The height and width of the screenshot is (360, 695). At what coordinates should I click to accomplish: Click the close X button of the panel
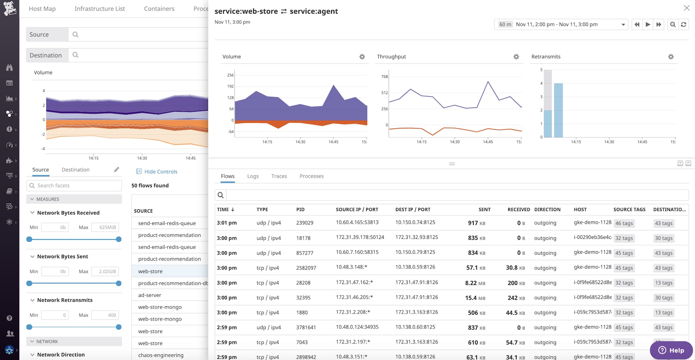(x=686, y=8)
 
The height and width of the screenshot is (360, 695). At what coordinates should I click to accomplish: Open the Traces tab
(x=279, y=176)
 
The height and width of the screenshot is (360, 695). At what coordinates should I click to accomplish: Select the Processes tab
(x=311, y=176)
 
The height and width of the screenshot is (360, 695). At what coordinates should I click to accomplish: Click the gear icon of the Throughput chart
(x=516, y=57)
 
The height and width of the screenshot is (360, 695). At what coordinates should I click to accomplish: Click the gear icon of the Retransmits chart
(x=671, y=57)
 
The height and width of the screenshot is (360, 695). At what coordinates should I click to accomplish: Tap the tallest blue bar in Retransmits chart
(x=558, y=110)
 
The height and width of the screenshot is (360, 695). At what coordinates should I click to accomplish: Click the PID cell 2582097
(x=306, y=268)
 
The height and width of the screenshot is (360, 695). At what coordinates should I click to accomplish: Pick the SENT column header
(x=484, y=209)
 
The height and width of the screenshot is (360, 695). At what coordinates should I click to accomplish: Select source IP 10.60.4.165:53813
(x=357, y=222)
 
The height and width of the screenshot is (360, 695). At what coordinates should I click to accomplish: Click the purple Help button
(x=671, y=350)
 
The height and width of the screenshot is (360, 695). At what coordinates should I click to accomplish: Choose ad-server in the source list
(x=150, y=295)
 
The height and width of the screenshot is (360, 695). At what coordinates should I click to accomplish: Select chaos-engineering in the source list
(x=161, y=355)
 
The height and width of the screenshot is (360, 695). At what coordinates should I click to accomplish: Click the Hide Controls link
(x=160, y=172)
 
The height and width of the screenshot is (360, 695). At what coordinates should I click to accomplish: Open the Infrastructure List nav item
(x=100, y=9)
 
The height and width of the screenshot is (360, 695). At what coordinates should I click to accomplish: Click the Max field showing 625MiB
(x=105, y=227)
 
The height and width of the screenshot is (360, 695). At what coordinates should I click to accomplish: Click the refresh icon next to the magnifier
(x=684, y=25)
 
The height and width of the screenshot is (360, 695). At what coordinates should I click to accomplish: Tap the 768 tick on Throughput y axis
(x=384, y=77)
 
